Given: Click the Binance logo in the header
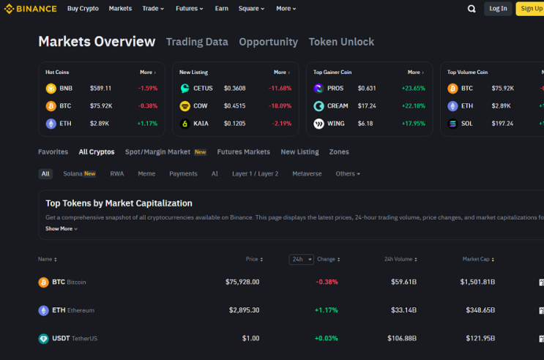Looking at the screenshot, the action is coord(30,9).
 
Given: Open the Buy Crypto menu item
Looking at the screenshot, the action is coord(83,8).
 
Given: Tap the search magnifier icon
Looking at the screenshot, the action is coord(472,9).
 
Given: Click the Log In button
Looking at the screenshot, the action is coord(498,9).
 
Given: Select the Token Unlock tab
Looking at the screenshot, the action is coord(341,42).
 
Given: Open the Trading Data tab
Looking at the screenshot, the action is coord(197,42).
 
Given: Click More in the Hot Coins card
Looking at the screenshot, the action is coord(148,72).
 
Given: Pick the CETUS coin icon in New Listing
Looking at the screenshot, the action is coord(185,88).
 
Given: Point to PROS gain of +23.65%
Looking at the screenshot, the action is coord(414,88).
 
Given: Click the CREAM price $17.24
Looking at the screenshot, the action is coord(367,106).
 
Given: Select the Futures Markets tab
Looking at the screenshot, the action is coord(244,152).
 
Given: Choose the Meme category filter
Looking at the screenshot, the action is coord(146,173).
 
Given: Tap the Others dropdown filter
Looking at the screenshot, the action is coord(348,173).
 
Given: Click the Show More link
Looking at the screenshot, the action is coord(62,228).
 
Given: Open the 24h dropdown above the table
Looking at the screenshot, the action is coord(302,260).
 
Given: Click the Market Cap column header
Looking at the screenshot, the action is coord(478,259).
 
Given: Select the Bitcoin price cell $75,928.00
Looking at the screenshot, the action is coord(242,282).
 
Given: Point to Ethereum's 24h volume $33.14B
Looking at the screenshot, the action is coord(404,310).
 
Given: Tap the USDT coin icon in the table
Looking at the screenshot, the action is coord(43,339).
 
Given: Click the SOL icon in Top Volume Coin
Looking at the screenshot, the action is coord(452,124).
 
